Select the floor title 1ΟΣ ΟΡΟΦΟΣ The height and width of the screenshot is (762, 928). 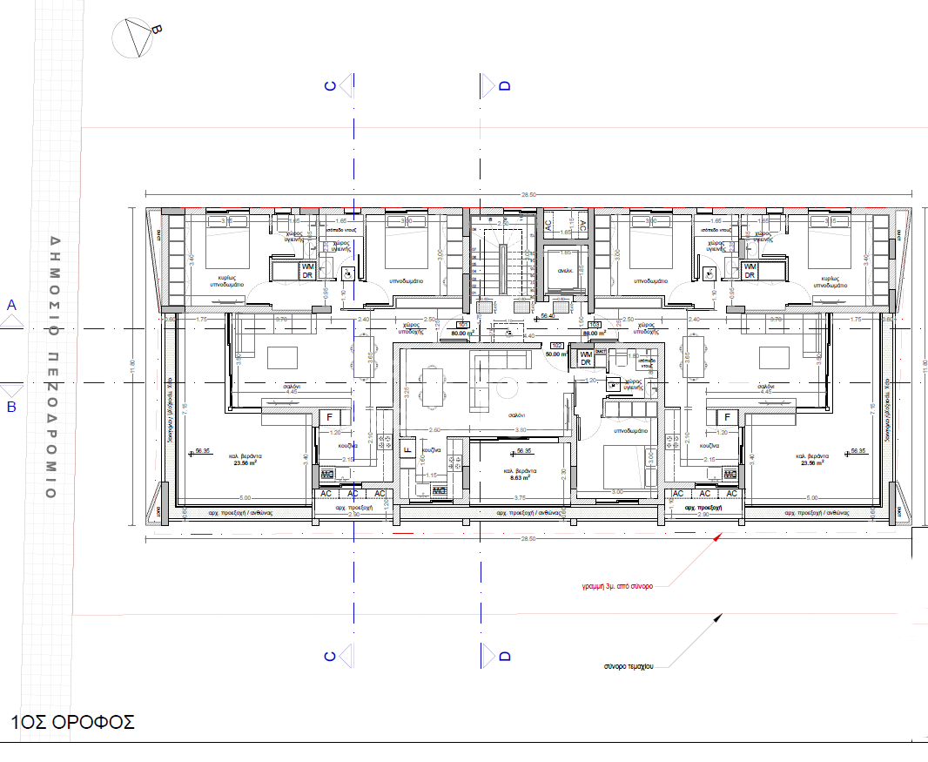coord(73,722)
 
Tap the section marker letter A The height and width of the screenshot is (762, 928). coord(12,305)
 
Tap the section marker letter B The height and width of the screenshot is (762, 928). coord(12,406)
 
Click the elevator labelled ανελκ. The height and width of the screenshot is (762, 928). coord(564,271)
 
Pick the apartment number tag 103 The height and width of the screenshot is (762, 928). coord(595,324)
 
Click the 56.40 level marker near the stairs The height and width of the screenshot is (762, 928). coord(548,317)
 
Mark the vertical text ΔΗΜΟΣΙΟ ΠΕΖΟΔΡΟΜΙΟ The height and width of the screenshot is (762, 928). coord(53,366)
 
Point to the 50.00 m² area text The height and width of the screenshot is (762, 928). coord(555,354)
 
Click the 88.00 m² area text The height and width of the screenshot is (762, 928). coord(594,333)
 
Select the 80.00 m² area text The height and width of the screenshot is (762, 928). coord(462,333)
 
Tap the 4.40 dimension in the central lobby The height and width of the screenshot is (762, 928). coord(529,335)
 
